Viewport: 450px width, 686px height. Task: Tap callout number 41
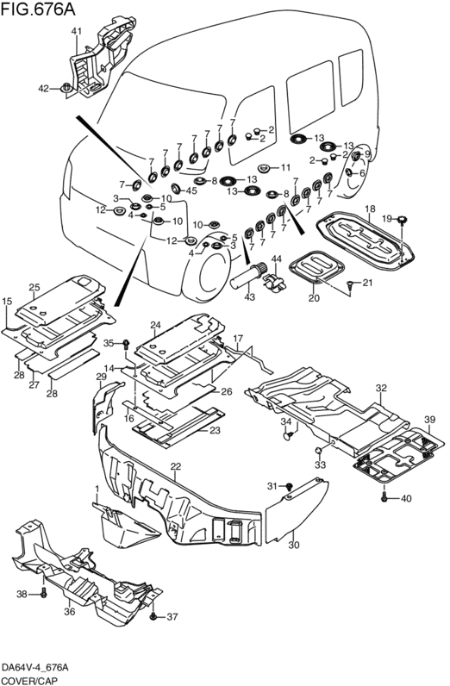click(77, 31)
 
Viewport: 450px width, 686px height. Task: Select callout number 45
click(191, 190)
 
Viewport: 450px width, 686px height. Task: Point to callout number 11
click(285, 167)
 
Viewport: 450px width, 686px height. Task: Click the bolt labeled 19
click(402, 219)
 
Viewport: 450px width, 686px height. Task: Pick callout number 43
click(249, 296)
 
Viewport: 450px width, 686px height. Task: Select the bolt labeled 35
click(126, 343)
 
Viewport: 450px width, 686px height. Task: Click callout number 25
click(34, 288)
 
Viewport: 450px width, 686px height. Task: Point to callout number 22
click(176, 466)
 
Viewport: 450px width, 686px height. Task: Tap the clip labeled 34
click(288, 435)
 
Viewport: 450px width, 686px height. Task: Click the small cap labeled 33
click(319, 451)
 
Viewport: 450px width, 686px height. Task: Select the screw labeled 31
click(290, 486)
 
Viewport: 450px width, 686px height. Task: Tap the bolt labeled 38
click(43, 594)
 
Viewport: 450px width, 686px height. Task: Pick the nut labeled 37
click(153, 616)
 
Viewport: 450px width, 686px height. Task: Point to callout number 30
click(294, 546)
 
